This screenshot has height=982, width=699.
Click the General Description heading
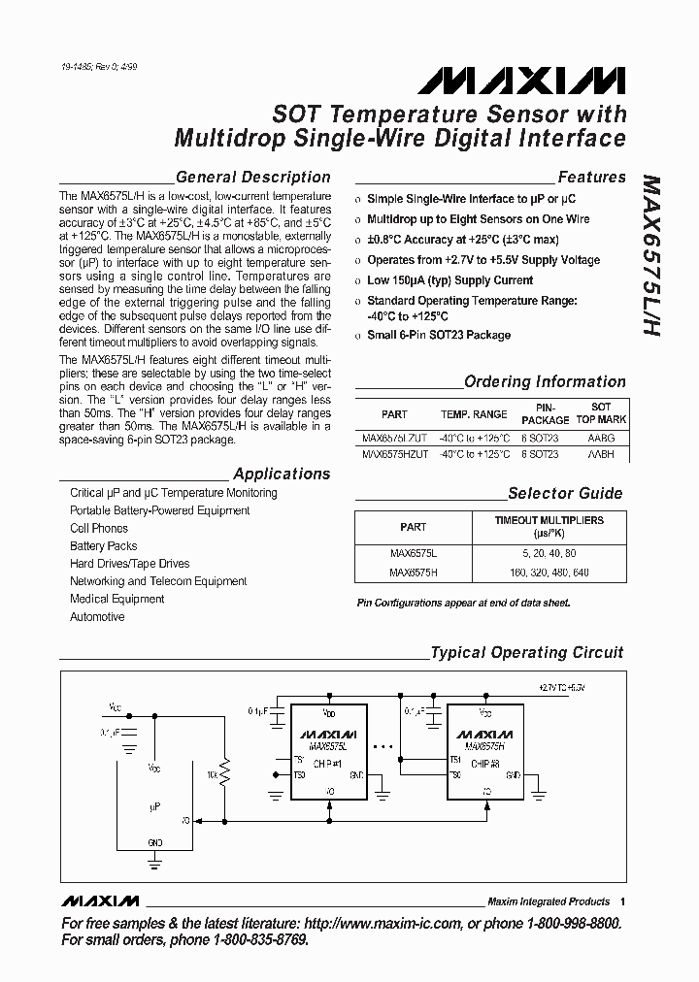click(253, 178)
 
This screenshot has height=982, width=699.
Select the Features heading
click(591, 178)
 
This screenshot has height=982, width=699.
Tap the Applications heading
click(282, 475)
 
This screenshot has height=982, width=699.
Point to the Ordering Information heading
click(545, 382)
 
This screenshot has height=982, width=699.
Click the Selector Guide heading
click(565, 493)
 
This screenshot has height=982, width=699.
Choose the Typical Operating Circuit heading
click(527, 653)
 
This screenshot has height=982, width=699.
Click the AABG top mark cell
click(601, 438)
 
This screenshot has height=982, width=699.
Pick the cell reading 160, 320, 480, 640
click(549, 573)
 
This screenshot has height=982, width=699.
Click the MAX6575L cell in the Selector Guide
click(413, 553)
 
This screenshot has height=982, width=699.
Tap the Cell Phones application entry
click(99, 529)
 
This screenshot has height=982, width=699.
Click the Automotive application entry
click(97, 617)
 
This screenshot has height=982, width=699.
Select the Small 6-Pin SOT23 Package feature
click(438, 336)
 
